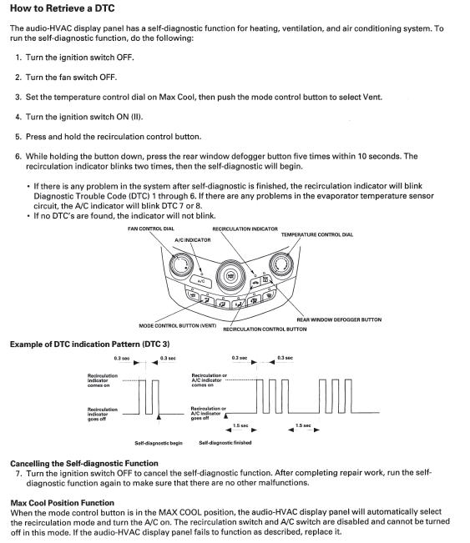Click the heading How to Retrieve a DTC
click(63, 8)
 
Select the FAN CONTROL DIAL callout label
click(151, 229)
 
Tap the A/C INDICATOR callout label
click(192, 239)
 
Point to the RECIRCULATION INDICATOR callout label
click(245, 229)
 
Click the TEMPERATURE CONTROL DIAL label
click(316, 234)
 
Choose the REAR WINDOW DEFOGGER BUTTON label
click(339, 319)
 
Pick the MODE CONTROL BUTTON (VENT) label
click(177, 325)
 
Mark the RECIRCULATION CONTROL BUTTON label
click(265, 329)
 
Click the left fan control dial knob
click(181, 265)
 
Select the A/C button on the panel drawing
click(200, 281)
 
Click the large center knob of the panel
click(230, 276)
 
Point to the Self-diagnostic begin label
click(159, 443)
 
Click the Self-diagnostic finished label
click(225, 443)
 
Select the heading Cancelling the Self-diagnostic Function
click(84, 464)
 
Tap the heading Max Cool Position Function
click(63, 503)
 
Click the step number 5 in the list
click(18, 137)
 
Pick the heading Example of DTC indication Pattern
click(90, 344)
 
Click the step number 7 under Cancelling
click(18, 474)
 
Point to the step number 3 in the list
click(18, 98)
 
